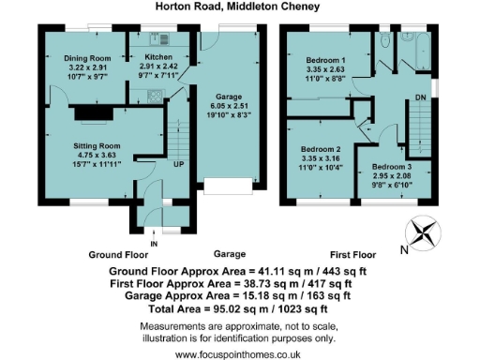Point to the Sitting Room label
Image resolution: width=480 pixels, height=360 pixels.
98,146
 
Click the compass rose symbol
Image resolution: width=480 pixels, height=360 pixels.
423,231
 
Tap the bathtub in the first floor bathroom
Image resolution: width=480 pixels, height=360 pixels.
410,43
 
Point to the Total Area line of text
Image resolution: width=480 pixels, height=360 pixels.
240,307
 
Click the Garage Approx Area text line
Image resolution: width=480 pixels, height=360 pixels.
239,294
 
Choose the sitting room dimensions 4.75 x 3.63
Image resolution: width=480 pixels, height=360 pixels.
98,157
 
